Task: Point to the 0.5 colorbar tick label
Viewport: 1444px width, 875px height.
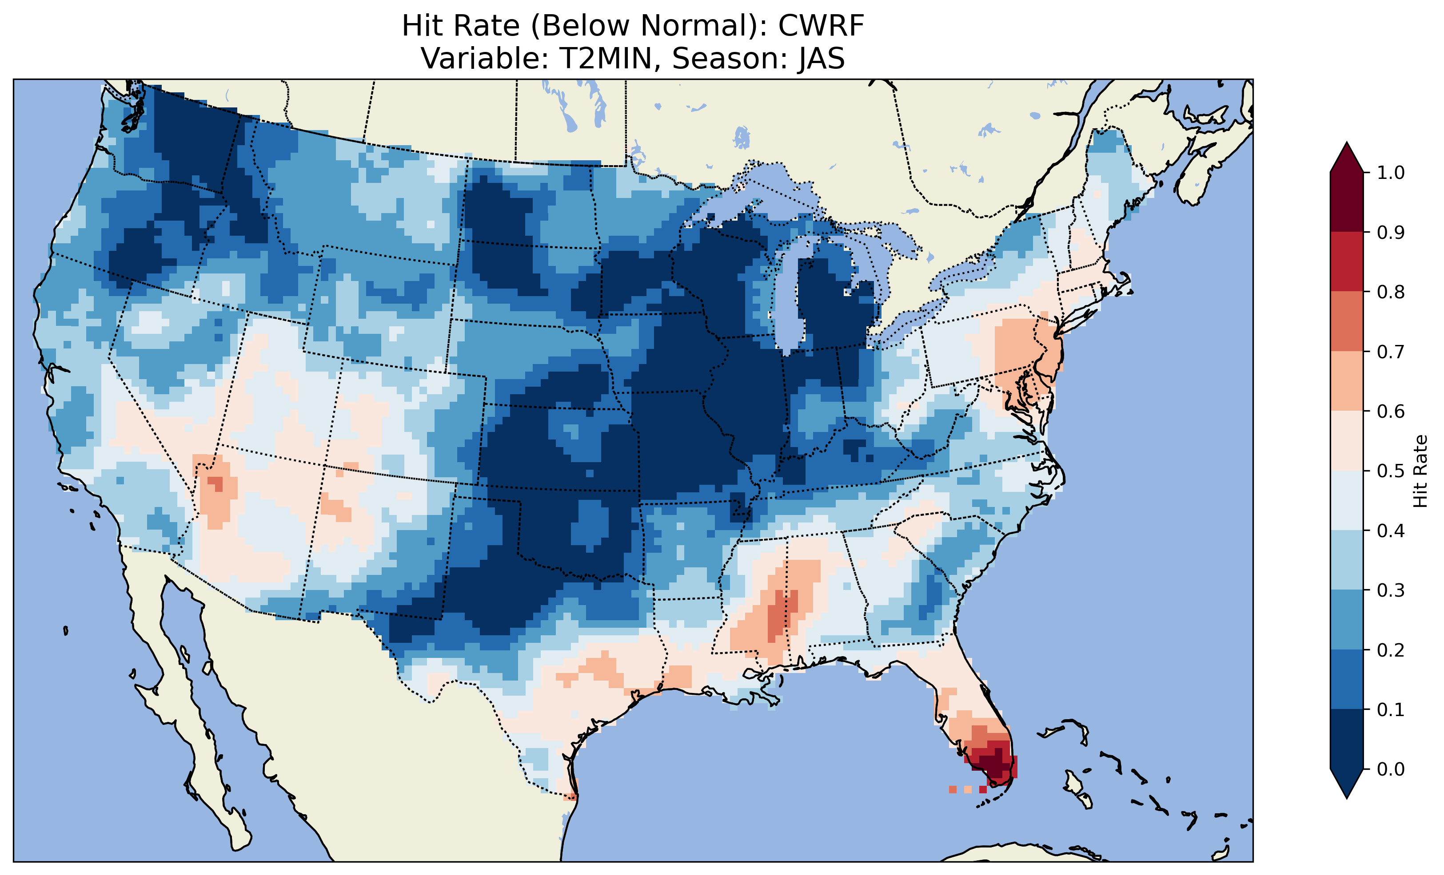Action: coord(1391,471)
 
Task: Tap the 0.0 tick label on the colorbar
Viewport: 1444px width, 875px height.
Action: coord(1391,769)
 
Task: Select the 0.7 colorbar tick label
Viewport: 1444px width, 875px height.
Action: coord(1391,352)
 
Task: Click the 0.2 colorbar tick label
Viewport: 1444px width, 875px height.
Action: coord(1391,650)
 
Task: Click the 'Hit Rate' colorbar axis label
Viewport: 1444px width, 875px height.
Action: coord(1420,471)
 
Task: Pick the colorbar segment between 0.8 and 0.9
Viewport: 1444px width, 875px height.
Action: coord(1347,261)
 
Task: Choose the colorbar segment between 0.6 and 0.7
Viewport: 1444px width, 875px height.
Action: coord(1347,381)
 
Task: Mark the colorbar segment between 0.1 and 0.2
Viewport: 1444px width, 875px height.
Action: coord(1347,679)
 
